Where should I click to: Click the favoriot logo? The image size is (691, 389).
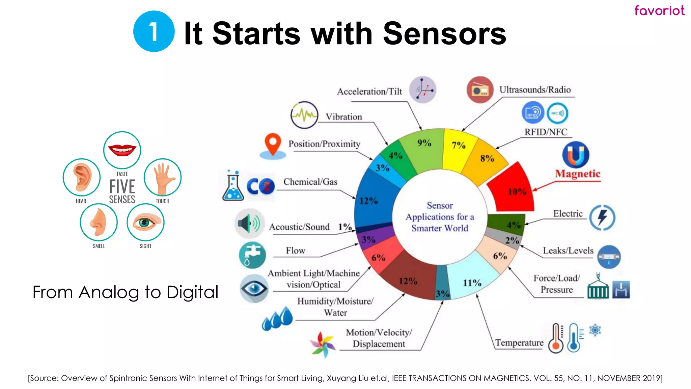point(659,10)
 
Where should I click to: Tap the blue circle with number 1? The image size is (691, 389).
point(154,31)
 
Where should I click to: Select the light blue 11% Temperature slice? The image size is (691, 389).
point(472,277)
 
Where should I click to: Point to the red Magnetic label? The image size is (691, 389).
point(578,174)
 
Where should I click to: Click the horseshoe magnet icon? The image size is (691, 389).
point(576,155)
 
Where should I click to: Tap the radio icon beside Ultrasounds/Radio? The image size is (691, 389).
point(480,90)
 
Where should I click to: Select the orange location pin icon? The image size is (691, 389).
point(273,145)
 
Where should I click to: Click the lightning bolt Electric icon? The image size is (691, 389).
point(602,217)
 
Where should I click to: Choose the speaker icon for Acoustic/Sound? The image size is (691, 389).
point(249,223)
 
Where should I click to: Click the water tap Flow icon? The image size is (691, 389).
point(252,255)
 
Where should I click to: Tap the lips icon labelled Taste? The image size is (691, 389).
point(122,150)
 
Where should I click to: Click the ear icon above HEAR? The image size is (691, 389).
point(82,177)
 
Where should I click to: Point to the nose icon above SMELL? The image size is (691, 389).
point(99,222)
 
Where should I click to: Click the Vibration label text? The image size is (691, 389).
point(343,117)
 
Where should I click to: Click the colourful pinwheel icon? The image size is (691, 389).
point(323,344)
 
